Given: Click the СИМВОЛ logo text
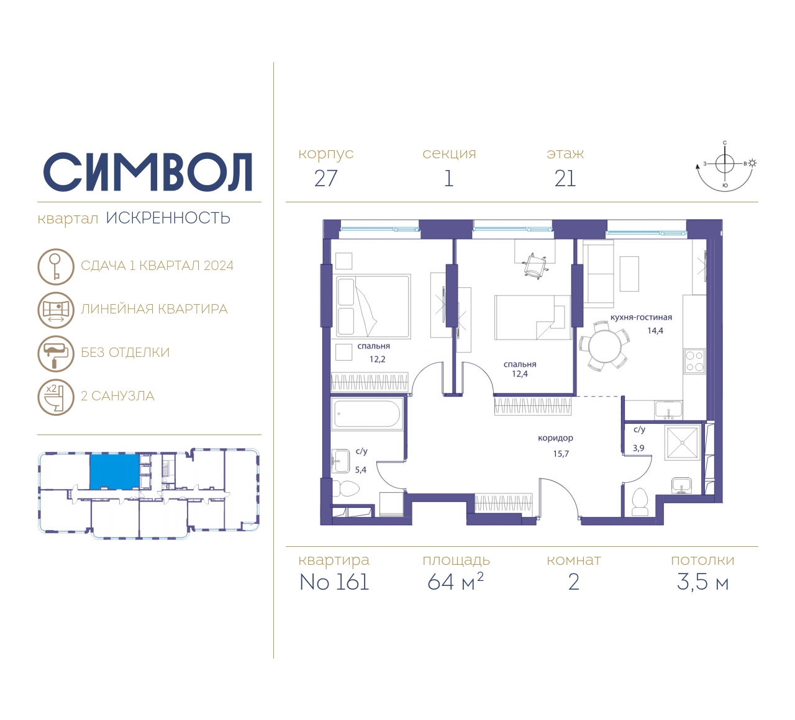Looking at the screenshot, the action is (x=147, y=172).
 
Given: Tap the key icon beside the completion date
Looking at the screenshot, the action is (x=56, y=266).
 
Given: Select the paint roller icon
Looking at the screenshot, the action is (x=56, y=353).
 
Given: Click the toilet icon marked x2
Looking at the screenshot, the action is (x=56, y=397).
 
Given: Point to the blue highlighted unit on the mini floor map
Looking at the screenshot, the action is (x=114, y=471).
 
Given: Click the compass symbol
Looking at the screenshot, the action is (x=725, y=166).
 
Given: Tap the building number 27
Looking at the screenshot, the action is (x=326, y=179).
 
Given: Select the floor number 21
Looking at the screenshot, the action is (x=565, y=179).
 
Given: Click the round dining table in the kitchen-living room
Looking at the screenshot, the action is (x=604, y=346).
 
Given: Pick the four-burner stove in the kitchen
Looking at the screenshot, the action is (x=694, y=361).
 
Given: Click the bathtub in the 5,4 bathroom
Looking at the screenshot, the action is (x=367, y=414).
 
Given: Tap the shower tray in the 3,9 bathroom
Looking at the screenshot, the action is (x=682, y=442).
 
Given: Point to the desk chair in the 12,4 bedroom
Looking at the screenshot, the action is (x=534, y=266).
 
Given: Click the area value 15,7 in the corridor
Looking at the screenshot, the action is (x=561, y=454).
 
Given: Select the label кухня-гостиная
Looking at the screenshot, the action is (x=641, y=317).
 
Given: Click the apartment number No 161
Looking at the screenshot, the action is (x=334, y=582).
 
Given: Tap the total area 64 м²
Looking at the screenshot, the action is (x=455, y=582).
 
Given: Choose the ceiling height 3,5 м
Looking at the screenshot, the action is (x=702, y=582).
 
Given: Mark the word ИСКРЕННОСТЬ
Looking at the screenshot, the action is (x=168, y=218).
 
